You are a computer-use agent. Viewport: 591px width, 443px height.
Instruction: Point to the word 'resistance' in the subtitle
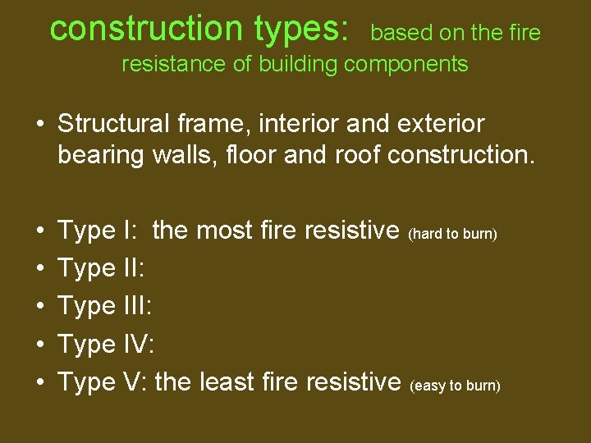pyautogui.click(x=174, y=65)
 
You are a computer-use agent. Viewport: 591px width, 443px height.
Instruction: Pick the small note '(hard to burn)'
pyautogui.click(x=452, y=234)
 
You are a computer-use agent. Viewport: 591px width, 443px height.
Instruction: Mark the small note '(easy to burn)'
pyautogui.click(x=454, y=385)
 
